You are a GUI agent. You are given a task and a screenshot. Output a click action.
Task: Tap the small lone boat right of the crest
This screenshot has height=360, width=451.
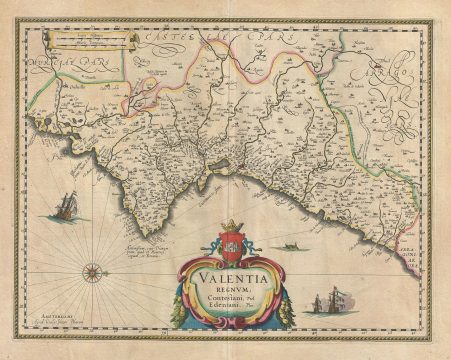[290, 243]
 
